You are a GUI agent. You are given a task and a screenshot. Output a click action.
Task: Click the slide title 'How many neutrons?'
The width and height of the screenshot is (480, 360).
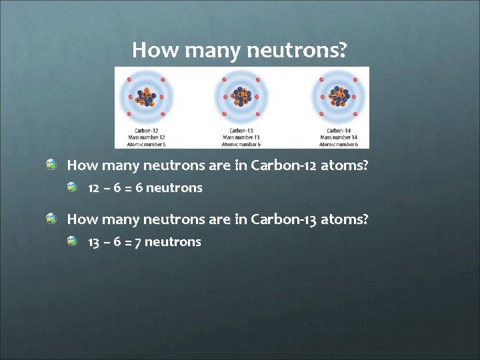pyautogui.click(x=239, y=50)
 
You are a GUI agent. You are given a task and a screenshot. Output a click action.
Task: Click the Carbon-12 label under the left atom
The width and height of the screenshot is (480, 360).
pyautogui.click(x=146, y=131)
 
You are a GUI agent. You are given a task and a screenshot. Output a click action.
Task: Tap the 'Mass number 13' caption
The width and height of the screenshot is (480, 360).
pyautogui.click(x=241, y=137)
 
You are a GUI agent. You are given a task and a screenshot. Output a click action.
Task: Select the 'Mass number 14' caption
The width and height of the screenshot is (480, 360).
pyautogui.click(x=339, y=137)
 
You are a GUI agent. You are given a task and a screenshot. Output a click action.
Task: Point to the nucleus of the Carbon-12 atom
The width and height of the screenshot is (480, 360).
pyautogui.click(x=145, y=98)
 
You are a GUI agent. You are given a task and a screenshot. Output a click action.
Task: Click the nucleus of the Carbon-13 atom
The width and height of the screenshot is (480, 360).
pyautogui.click(x=241, y=98)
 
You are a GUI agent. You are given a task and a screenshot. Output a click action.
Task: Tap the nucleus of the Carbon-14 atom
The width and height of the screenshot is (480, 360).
pyautogui.click(x=339, y=97)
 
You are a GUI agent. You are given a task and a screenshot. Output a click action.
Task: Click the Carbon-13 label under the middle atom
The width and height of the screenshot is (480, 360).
pyautogui.click(x=241, y=131)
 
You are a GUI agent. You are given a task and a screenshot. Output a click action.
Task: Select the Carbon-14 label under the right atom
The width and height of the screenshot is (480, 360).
pyautogui.click(x=339, y=131)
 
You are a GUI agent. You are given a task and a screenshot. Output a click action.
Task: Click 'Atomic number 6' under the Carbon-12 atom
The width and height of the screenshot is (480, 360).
pyautogui.click(x=146, y=144)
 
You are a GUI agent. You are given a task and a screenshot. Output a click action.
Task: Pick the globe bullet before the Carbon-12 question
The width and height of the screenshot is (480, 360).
pyautogui.click(x=51, y=164)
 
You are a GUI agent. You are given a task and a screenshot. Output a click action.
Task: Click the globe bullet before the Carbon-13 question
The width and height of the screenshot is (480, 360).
pyautogui.click(x=51, y=218)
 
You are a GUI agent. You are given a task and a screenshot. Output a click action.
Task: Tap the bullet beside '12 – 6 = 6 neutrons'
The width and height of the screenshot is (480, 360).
pyautogui.click(x=73, y=187)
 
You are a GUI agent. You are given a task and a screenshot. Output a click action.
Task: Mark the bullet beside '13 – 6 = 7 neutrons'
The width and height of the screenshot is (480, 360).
pyautogui.click(x=73, y=241)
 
